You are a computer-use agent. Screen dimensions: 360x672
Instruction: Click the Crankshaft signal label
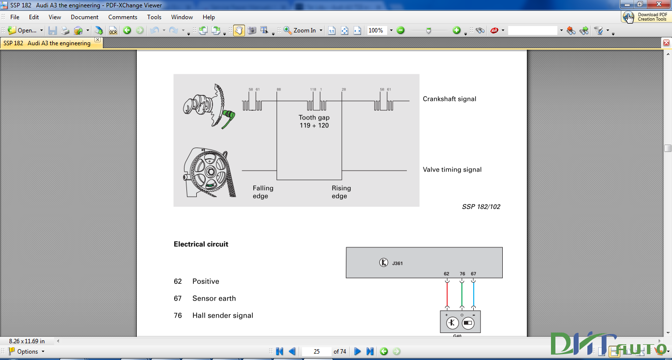[449, 99]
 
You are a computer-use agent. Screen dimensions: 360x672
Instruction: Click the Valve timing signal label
[452, 170]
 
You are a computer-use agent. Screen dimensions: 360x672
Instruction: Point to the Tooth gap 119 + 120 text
[314, 121]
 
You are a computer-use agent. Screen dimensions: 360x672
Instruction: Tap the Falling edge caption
[263, 192]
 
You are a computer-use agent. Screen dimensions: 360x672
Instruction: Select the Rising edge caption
[341, 192]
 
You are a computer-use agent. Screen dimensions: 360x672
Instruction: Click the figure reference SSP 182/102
[481, 207]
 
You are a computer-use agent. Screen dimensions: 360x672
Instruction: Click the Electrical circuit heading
[201, 244]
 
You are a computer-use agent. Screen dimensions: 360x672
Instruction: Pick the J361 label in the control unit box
[397, 264]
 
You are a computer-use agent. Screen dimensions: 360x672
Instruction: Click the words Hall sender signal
[222, 315]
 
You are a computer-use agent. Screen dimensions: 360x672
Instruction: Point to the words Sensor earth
[214, 299]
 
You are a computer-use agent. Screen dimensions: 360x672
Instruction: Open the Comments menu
[122, 17]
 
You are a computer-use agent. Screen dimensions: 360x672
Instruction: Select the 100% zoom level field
[377, 30]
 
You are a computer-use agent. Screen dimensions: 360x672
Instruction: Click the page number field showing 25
[316, 351]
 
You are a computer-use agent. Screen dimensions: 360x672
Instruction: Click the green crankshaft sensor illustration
[228, 119]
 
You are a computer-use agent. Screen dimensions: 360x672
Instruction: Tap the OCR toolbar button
[113, 30]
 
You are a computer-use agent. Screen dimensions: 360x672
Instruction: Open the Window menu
[182, 17]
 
